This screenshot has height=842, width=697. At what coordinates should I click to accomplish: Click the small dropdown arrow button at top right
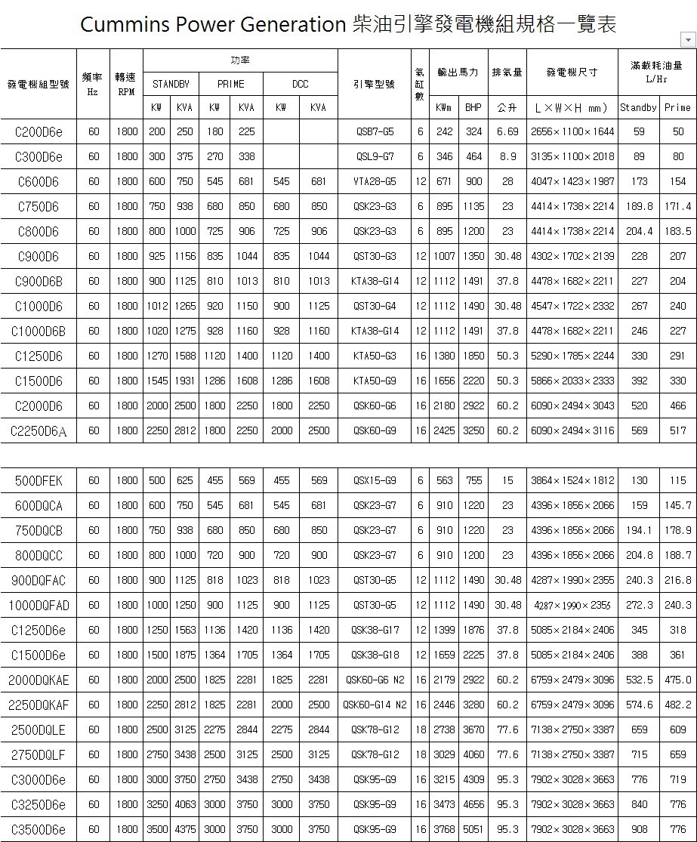pyautogui.click(x=687, y=39)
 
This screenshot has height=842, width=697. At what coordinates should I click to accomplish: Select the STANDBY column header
pyautogui.click(x=171, y=84)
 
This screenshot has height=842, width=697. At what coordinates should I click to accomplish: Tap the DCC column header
pyautogui.click(x=300, y=84)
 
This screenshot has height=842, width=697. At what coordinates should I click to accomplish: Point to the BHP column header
pyautogui.click(x=473, y=108)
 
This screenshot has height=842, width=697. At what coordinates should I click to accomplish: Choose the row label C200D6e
pyautogui.click(x=39, y=132)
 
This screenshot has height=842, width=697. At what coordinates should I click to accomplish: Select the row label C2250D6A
pyautogui.click(x=39, y=431)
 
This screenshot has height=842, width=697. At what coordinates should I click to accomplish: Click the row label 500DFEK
pyautogui.click(x=39, y=481)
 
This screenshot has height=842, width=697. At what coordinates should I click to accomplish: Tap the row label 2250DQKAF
pyautogui.click(x=39, y=705)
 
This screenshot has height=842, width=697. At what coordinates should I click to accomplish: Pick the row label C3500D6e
pyautogui.click(x=39, y=830)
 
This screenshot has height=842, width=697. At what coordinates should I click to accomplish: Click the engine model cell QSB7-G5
pyautogui.click(x=375, y=132)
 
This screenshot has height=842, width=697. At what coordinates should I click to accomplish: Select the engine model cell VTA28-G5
pyautogui.click(x=375, y=182)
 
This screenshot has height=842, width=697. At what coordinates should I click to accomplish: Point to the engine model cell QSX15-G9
pyautogui.click(x=375, y=481)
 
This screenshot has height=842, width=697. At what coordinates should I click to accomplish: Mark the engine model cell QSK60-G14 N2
pyautogui.click(x=375, y=705)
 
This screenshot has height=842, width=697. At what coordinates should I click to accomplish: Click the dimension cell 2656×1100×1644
pyautogui.click(x=572, y=132)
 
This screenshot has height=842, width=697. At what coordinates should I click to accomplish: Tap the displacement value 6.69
pyautogui.click(x=507, y=132)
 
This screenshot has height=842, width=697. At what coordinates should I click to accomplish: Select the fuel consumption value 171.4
pyautogui.click(x=677, y=207)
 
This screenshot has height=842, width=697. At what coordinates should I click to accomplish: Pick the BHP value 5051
pyautogui.click(x=473, y=830)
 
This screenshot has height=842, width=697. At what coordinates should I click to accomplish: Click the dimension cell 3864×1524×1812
pyautogui.click(x=572, y=481)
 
